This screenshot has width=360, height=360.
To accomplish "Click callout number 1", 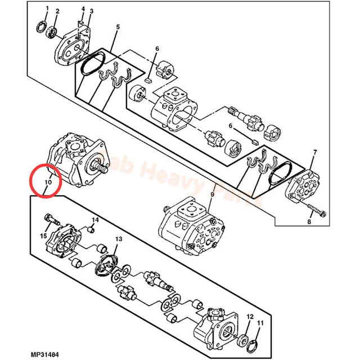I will pyautogui.click(x=47, y=8).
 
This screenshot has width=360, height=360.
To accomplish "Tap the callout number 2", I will pyautogui.click(x=57, y=11).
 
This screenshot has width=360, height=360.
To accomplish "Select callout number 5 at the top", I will pyautogui.click(x=118, y=27).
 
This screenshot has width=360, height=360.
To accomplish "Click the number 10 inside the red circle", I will pyautogui.click(x=48, y=183).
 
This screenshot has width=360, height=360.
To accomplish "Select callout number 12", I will pyautogui.click(x=249, y=317).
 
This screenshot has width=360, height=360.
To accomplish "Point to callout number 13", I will pyautogui.click(x=118, y=239).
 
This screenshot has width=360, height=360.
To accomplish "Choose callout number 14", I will pyautogui.click(x=95, y=219).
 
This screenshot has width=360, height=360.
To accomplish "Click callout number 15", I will pyautogui.click(x=43, y=236).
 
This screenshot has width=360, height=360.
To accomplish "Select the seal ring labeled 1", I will pyautogui.click(x=41, y=26).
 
